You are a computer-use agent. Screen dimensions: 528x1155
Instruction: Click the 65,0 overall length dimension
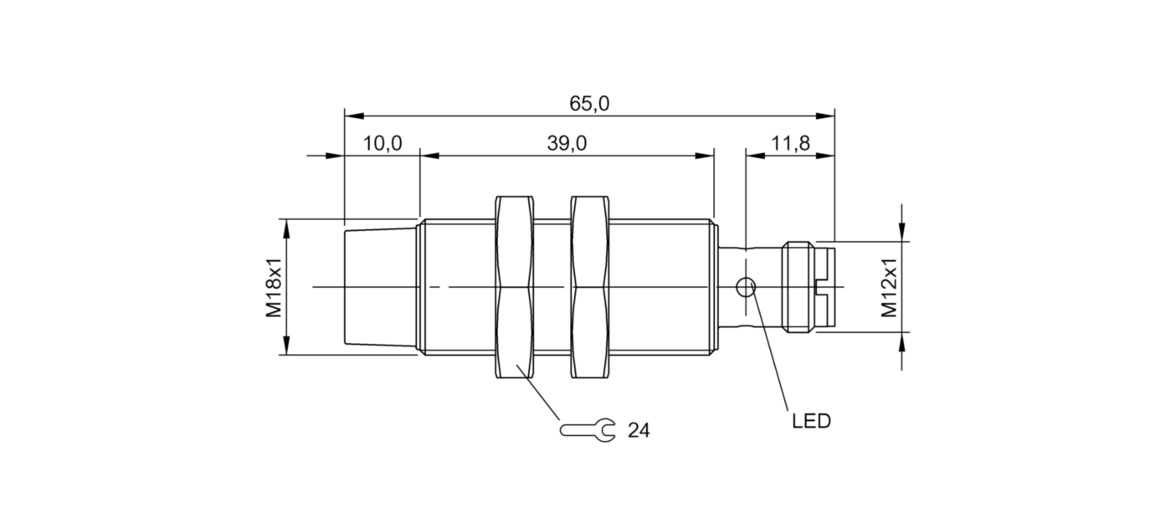[589, 104]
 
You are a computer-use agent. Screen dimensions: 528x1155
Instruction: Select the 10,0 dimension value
[382, 144]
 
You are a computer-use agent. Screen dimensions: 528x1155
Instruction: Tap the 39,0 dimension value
[567, 144]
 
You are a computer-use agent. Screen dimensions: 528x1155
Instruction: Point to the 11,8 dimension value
[790, 144]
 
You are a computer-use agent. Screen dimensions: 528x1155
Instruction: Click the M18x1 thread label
[274, 287]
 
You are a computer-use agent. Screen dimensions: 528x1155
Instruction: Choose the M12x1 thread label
[889, 287]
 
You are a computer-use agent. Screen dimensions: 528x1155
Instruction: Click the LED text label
[811, 422]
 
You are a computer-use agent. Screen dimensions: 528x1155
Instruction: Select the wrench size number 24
[639, 431]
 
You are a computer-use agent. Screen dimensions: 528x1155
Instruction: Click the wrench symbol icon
[587, 430]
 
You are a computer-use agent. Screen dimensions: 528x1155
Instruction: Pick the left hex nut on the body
[515, 287]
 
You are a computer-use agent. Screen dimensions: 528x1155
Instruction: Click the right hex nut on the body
[590, 287]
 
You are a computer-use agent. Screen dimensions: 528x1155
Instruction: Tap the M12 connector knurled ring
[798, 287]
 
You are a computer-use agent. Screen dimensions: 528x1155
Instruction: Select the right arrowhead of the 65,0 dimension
[828, 115]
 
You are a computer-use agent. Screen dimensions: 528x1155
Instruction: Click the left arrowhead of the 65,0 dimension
[352, 115]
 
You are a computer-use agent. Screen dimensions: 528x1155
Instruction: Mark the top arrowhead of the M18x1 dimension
[286, 226]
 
